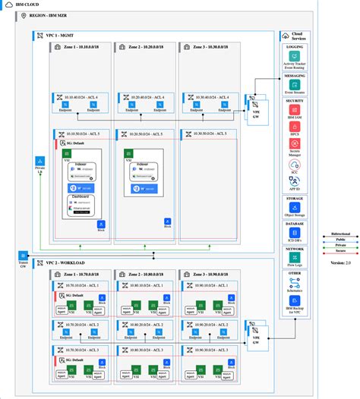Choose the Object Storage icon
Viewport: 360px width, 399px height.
tap(294, 208)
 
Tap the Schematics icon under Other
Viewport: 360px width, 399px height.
tap(294, 283)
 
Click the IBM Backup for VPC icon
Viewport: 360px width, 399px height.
tap(294, 302)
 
